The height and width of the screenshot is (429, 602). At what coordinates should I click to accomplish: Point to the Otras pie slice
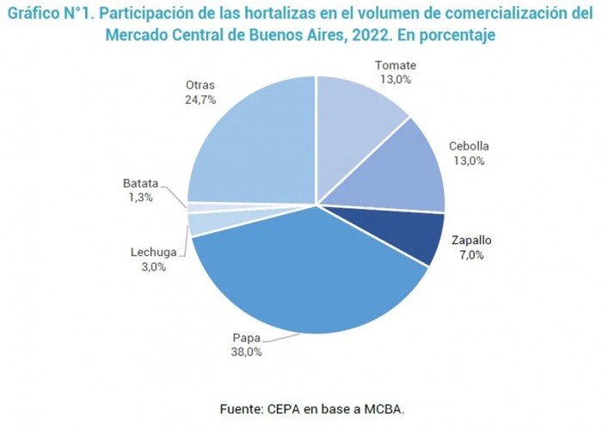pyautogui.click(x=254, y=142)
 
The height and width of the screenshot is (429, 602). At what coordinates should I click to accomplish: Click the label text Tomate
pyautogui.click(x=396, y=65)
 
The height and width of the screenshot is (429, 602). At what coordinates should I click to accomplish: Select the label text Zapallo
pyautogui.click(x=470, y=241)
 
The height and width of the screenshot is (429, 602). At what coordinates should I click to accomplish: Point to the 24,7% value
pyautogui.click(x=200, y=99)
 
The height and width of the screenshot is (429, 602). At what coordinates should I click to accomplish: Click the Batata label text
pyautogui.click(x=140, y=183)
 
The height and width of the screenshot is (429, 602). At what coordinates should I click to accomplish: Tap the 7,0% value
pyautogui.click(x=470, y=254)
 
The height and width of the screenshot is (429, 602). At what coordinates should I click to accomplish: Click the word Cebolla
pyautogui.click(x=469, y=146)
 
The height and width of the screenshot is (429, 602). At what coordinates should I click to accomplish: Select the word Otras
pyautogui.click(x=200, y=85)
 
